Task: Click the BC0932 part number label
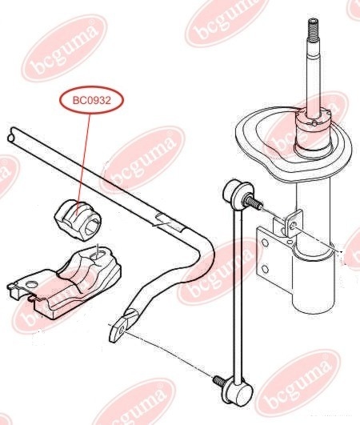click(91, 101)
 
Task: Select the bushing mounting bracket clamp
click(64, 282)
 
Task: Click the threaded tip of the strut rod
click(314, 29)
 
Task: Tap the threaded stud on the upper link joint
click(253, 203)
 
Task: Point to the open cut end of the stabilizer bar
click(11, 135)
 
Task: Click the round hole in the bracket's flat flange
click(32, 284)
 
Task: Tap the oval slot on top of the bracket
click(98, 255)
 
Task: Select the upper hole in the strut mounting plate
click(266, 242)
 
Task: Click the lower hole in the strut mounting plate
click(265, 270)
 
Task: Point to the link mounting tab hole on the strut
click(294, 225)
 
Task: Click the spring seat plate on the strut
click(294, 142)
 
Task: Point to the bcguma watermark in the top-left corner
click(64, 48)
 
